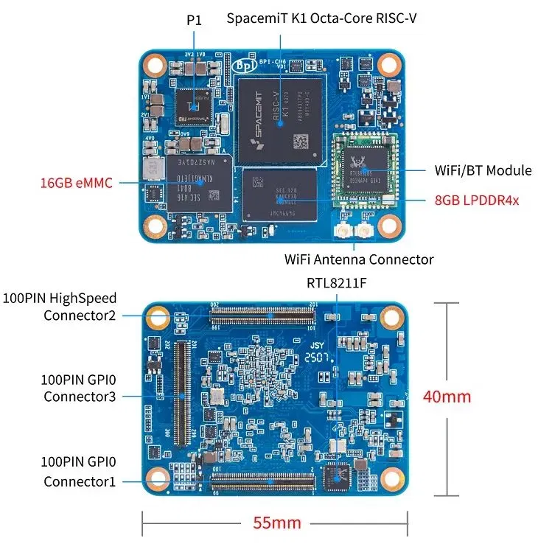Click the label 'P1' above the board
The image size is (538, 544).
pos(194,21)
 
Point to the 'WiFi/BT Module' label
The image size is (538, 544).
pos(483,170)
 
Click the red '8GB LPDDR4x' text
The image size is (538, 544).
pos(481,199)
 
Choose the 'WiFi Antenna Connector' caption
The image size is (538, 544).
pos(359,259)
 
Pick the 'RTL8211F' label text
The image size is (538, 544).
pos(337,282)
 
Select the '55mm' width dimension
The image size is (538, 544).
pos(277,523)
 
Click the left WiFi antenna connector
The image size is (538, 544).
pos(343,234)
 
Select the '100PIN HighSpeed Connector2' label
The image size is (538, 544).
pos(60,307)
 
